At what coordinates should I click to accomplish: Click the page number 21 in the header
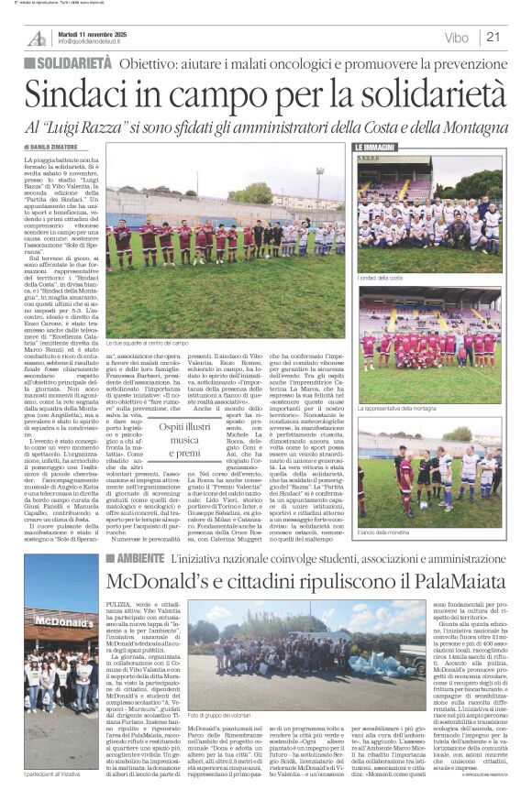pyautogui.click(x=493, y=38)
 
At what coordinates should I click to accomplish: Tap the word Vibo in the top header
pyautogui.click(x=456, y=38)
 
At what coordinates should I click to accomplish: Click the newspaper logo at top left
pyautogui.click(x=36, y=37)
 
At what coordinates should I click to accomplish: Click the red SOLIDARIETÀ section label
pyautogui.click(x=70, y=63)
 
